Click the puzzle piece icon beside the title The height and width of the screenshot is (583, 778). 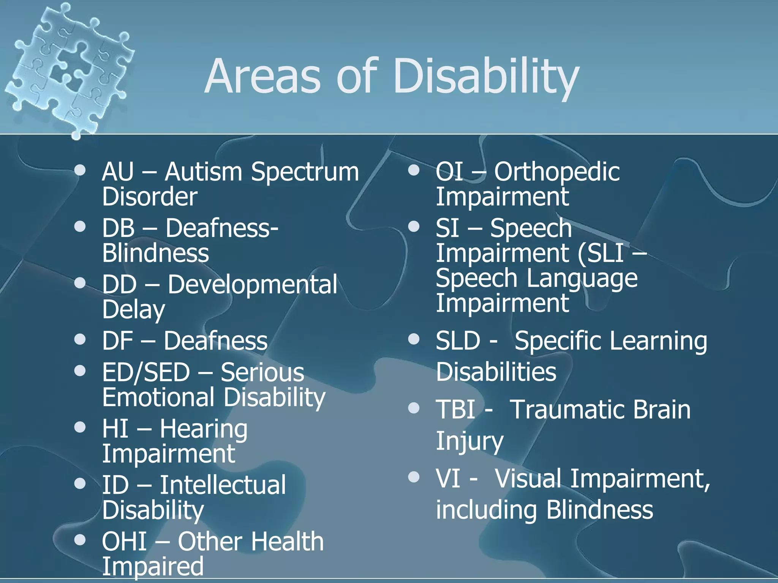click(x=68, y=68)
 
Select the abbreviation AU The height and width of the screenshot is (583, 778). click(x=118, y=172)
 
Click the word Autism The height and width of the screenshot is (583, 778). click(x=203, y=172)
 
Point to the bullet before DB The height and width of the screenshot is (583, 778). click(x=80, y=227)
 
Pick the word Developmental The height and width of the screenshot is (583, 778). click(x=252, y=285)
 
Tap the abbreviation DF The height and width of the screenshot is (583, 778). click(x=117, y=341)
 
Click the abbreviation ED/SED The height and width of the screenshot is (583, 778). click(x=146, y=372)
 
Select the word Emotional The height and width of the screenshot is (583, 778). click(x=158, y=397)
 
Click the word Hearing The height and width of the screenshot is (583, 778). click(x=204, y=429)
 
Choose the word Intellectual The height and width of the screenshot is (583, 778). click(x=223, y=485)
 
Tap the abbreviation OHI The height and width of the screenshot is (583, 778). click(x=125, y=542)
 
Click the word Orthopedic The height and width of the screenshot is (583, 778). click(x=557, y=172)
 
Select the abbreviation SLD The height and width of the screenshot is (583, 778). click(x=458, y=341)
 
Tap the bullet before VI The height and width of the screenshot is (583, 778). click(x=414, y=477)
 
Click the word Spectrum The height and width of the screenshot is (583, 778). click(x=305, y=172)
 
